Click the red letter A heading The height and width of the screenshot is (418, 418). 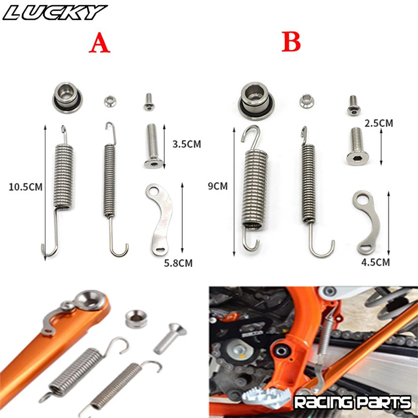click(99, 43)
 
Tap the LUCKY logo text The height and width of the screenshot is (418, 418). click(54, 13)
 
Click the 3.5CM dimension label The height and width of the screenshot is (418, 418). click(186, 144)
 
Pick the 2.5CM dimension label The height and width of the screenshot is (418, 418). click(379, 124)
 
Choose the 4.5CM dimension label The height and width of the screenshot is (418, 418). click(375, 262)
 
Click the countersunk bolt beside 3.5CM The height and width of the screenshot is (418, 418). click(153, 146)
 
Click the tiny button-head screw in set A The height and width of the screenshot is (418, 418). click(149, 102)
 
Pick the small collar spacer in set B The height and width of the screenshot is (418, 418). click(307, 101)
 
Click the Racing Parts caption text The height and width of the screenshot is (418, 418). click(352, 403)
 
